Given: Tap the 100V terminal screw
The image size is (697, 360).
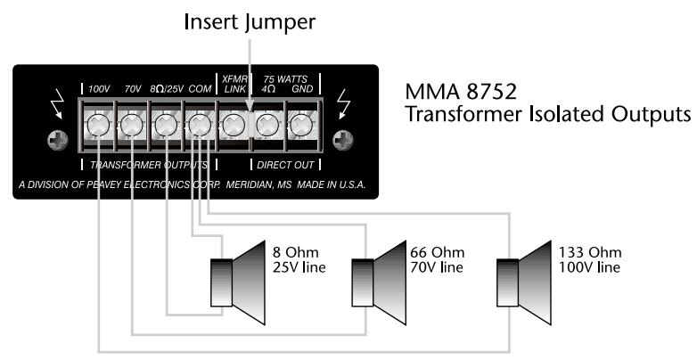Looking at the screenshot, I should click(96, 124).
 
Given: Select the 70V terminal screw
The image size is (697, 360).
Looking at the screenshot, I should click(130, 124).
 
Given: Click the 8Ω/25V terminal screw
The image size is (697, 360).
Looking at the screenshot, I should click(165, 124).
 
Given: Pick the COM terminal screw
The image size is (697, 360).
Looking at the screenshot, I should click(199, 124).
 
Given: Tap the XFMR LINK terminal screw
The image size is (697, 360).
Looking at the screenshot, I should click(233, 124).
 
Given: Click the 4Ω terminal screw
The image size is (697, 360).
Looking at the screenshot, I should click(267, 124).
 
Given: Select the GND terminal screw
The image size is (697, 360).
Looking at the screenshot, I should click(301, 124).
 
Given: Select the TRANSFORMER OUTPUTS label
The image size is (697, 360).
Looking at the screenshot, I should click(147, 166).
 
